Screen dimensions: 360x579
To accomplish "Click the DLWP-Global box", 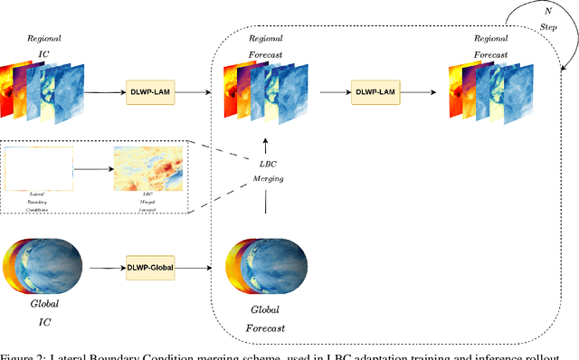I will point(149,267).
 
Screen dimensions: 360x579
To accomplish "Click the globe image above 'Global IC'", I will point(44,268).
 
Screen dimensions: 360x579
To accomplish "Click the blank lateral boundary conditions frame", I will point(39,169).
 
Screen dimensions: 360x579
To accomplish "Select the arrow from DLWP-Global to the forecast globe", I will point(197,267).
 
